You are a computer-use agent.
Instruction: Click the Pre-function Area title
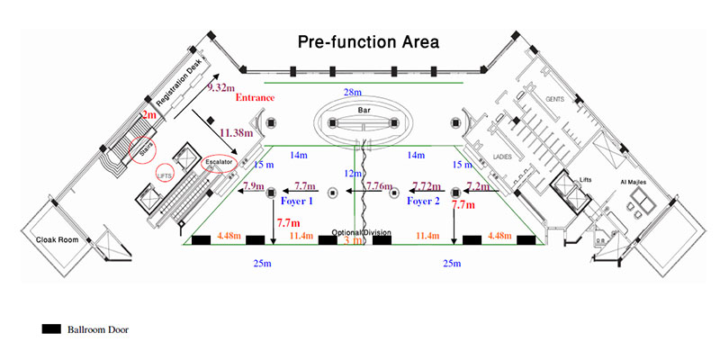click(x=368, y=42)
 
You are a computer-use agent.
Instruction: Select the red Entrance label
click(x=254, y=97)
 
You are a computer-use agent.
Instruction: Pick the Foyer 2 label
click(x=421, y=202)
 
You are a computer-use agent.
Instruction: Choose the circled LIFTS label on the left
click(x=165, y=175)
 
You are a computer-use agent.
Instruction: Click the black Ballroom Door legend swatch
click(x=50, y=329)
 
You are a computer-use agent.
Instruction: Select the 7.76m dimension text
click(x=380, y=186)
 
